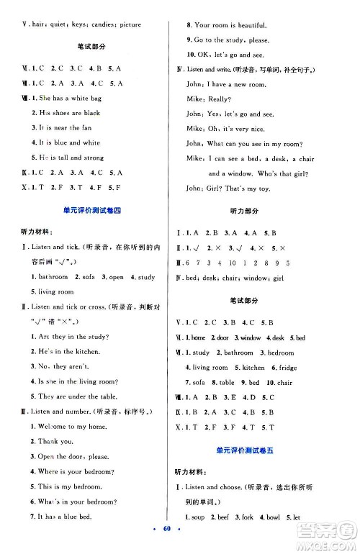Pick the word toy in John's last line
(271, 188)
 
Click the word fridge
(288, 368)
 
